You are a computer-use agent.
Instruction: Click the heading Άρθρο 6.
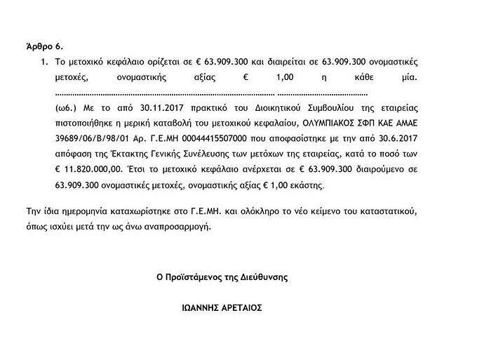point(44,47)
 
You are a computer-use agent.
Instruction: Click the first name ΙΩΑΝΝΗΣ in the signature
point(202,307)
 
